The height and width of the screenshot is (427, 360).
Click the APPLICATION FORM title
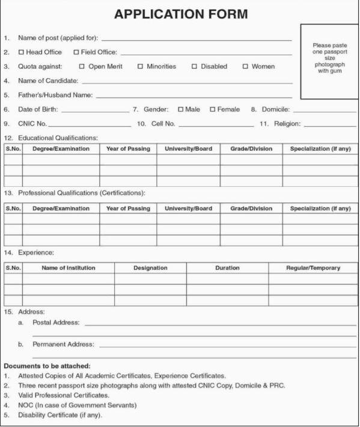coord(180,14)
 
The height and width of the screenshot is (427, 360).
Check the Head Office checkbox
coord(22,52)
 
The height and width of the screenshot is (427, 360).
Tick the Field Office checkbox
coord(76,52)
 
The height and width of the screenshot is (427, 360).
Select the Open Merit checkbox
coord(82,66)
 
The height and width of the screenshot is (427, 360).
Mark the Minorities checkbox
coord(140,66)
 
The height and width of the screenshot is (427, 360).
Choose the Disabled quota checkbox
coord(194,66)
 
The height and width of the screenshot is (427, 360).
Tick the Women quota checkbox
coord(245,66)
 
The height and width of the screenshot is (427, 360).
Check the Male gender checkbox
coord(180,109)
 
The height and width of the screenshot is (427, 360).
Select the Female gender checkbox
coord(212,109)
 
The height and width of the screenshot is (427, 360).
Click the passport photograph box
coord(329,61)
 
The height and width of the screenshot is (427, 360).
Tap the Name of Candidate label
coord(48,80)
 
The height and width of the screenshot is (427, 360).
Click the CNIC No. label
coord(32,124)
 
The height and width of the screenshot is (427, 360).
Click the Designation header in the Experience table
coord(150,268)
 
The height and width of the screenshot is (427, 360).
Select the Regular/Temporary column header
coord(313,268)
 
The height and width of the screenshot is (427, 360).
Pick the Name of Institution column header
coord(68,268)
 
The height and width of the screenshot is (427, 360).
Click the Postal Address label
coord(56,323)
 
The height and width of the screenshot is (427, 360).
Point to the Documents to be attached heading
coord(47,366)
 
